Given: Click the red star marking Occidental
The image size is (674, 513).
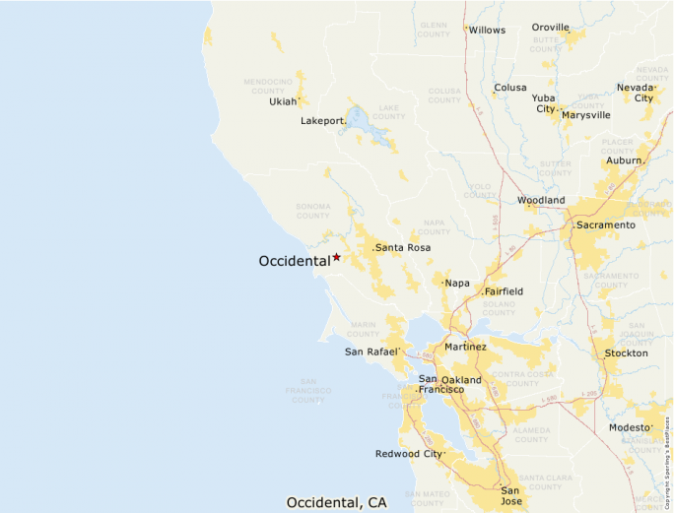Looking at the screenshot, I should click(x=336, y=257).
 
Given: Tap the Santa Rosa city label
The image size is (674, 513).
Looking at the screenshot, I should click(x=403, y=247).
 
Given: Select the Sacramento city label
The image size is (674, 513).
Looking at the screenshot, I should click(x=606, y=225).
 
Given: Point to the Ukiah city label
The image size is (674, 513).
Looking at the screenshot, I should click(x=283, y=101).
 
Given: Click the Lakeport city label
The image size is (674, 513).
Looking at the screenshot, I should click(x=322, y=121).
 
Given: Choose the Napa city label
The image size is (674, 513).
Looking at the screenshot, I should click(x=457, y=284).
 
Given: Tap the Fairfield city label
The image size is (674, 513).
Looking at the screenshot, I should click(x=504, y=291).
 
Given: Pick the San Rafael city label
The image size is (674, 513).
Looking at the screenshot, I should click(x=371, y=352).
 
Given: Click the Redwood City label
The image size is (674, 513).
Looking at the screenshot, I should click(x=408, y=454).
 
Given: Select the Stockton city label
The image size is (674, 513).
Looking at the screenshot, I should click(x=627, y=353).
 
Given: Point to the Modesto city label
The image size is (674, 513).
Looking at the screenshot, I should click(x=630, y=427).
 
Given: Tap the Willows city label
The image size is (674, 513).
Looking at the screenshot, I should click(x=487, y=30).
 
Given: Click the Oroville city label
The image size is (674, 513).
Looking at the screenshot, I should click(x=551, y=28).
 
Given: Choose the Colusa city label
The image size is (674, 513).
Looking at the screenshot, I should click(x=510, y=88).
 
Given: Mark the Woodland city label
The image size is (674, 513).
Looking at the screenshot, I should click(x=542, y=201).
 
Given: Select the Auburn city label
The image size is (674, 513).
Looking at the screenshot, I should click(x=624, y=160).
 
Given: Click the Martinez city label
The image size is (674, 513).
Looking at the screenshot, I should click(x=465, y=347).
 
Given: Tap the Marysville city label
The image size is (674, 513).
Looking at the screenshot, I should click(x=586, y=115).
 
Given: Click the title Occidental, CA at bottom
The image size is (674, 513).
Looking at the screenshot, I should click(x=336, y=502).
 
